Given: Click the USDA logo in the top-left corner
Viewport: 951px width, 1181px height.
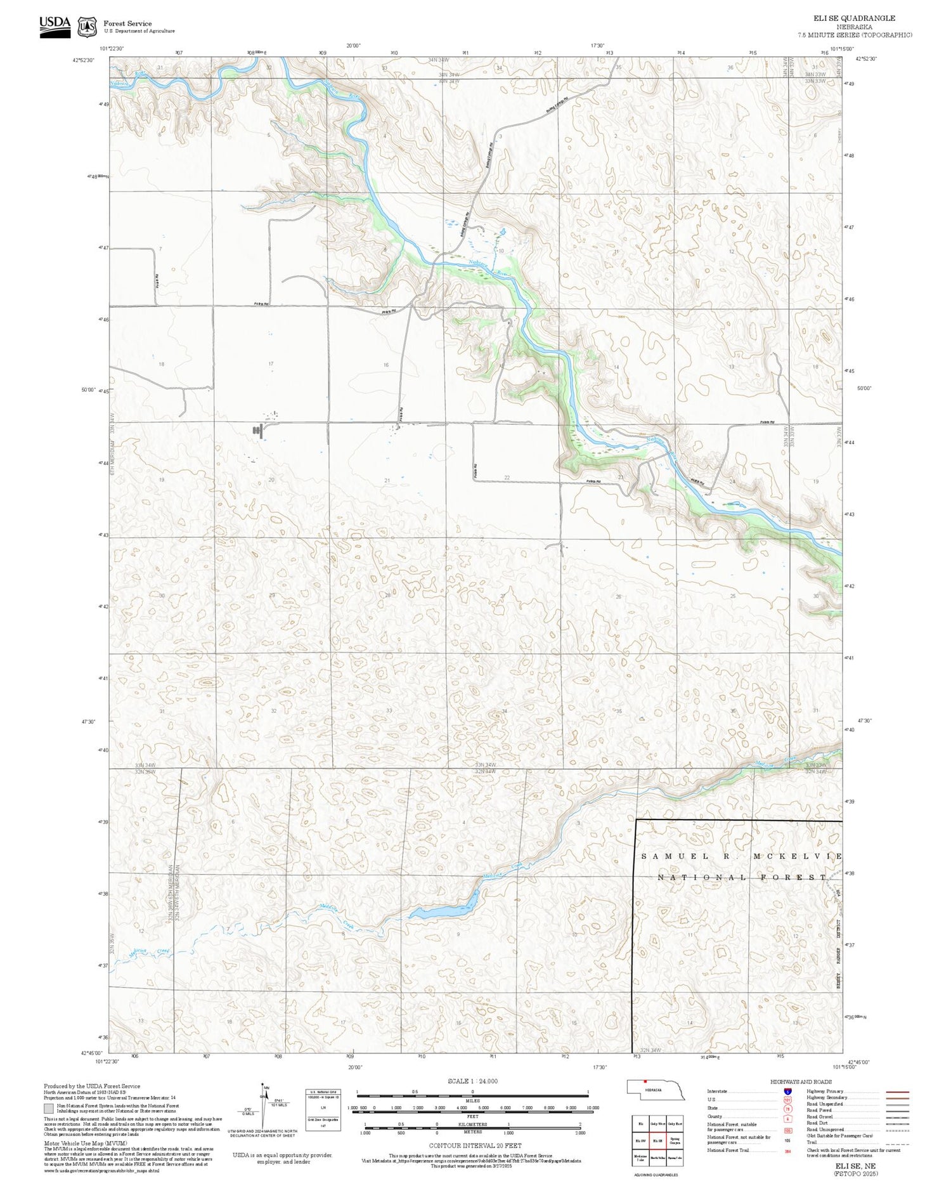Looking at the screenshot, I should tap(55, 26).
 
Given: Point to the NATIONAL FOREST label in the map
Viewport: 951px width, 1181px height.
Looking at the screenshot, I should tap(742, 877).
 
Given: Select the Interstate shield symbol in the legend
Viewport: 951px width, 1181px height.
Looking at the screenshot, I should tap(787, 1092).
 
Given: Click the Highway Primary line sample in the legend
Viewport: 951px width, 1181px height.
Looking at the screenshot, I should tap(895, 1092).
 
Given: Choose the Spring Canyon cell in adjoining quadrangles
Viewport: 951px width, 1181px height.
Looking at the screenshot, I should tap(675, 1140).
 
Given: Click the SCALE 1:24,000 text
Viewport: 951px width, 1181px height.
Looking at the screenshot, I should tap(472, 1081).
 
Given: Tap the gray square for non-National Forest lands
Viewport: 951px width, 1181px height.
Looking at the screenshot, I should tap(49, 1109).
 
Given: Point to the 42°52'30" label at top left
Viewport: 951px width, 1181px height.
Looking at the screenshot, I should tap(83, 60).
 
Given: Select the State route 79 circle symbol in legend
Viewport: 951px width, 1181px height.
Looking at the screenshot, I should tap(787, 1109).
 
